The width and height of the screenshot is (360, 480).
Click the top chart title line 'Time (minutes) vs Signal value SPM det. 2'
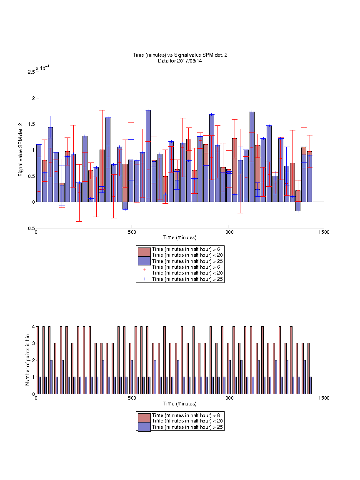coord(180,55)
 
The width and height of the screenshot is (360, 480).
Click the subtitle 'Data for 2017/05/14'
coord(180,61)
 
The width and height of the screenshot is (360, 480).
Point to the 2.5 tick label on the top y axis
coord(31,72)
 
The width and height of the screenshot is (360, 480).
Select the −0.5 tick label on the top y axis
coord(30,228)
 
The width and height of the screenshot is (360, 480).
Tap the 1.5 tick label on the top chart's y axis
coord(31,124)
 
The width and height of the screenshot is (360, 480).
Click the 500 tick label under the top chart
coord(132,232)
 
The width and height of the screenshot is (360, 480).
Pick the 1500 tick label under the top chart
coord(324,232)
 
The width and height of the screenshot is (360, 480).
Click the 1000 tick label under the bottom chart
coord(228,398)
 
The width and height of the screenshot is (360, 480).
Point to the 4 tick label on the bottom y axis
coord(33,327)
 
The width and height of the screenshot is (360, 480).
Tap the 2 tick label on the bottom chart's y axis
coord(33,360)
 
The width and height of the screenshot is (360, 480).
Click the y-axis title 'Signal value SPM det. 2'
coord(20,150)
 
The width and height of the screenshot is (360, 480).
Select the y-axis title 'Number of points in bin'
coord(27,360)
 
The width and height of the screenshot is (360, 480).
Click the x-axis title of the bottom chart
coord(180,404)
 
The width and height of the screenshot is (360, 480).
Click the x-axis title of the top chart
coord(180,237)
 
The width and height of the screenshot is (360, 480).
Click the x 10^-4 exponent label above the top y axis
coord(42,67)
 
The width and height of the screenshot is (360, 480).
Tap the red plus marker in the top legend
coord(145,270)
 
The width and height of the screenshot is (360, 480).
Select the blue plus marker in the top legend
coord(145,279)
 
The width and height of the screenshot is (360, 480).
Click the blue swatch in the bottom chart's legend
coord(144,427)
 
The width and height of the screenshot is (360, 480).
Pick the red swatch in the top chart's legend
coord(144,252)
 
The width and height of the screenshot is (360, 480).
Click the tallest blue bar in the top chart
coord(148,156)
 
